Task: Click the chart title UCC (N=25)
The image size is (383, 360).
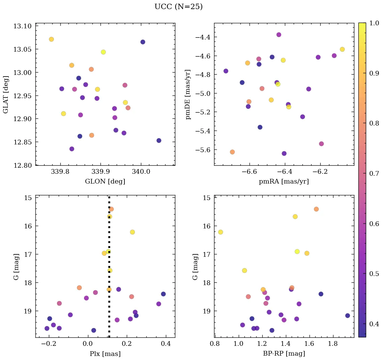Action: click(178, 7)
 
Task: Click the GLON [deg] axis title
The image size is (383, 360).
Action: click(105, 182)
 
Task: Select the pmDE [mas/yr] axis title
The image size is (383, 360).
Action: click(188, 94)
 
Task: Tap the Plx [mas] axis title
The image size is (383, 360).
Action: click(105, 354)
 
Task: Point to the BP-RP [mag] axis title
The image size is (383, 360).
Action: click(284, 354)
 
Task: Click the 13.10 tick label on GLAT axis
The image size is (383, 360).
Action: click(22, 26)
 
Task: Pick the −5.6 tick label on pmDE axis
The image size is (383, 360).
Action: click(202, 150)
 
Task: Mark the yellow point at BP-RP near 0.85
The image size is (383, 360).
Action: click(220, 232)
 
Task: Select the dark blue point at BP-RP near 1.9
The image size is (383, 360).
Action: click(348, 315)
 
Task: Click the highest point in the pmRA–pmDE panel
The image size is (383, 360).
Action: click(279, 35)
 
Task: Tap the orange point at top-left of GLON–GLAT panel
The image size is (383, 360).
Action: click(51, 39)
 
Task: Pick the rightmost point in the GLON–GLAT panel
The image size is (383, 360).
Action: click(159, 140)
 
